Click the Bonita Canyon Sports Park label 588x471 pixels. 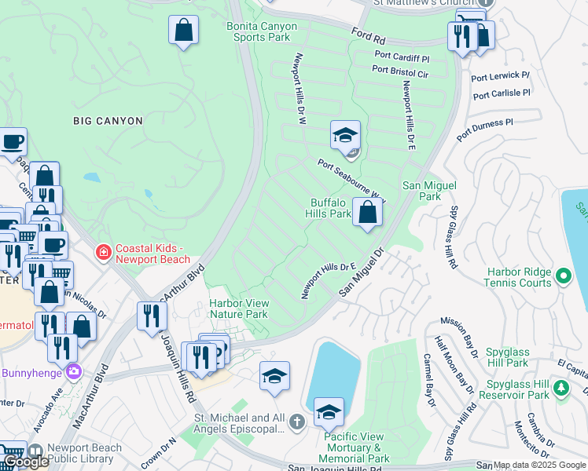pyautogui.click(x=262, y=31)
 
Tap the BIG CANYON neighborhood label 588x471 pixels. pyautogui.click(x=108, y=121)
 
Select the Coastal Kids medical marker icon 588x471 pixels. pyautogui.click(x=103, y=252)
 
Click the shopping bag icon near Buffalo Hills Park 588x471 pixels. pyautogui.click(x=367, y=211)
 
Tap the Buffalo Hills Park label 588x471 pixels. pyautogui.click(x=330, y=208)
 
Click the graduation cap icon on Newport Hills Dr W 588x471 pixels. pyautogui.click(x=345, y=136)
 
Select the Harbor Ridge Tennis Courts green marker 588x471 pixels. pyautogui.click(x=563, y=276)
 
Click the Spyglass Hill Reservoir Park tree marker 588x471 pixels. pyautogui.click(x=560, y=388)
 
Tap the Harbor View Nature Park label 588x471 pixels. pyautogui.click(x=239, y=309)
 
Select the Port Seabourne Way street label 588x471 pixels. pyautogui.click(x=352, y=179)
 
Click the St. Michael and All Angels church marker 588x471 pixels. pyautogui.click(x=297, y=422)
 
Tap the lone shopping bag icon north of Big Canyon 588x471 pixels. pyautogui.click(x=183, y=31)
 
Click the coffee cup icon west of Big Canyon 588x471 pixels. pyautogui.click(x=13, y=142)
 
